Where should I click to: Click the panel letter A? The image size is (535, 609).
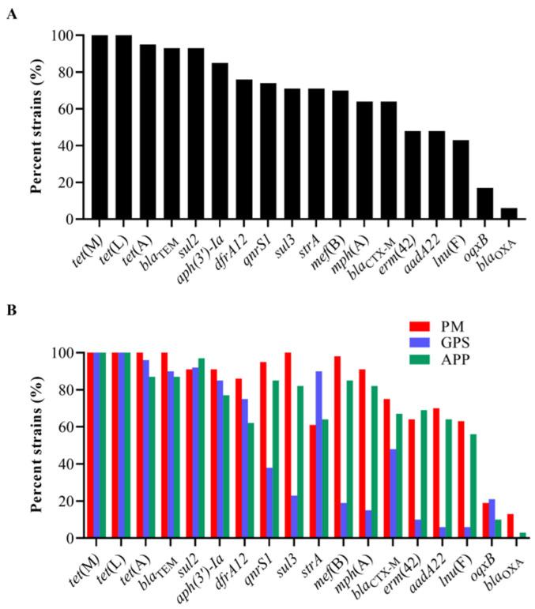(10, 14)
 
